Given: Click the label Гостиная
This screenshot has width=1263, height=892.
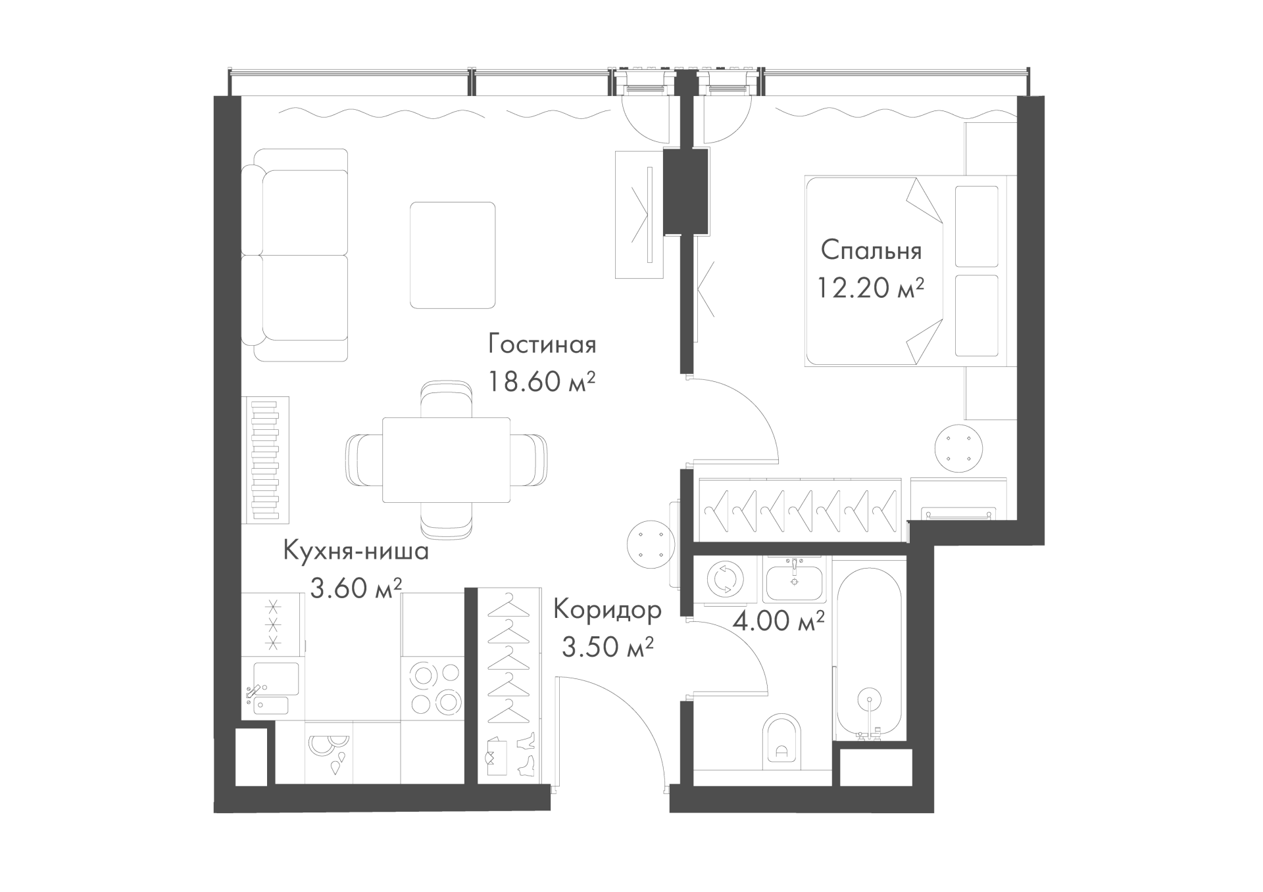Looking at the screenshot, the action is tap(542, 344).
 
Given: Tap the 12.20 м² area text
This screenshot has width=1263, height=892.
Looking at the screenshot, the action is tap(872, 287).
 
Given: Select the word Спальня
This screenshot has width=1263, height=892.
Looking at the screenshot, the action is tap(872, 250).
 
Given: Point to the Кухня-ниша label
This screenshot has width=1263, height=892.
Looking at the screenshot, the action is tap(356, 551).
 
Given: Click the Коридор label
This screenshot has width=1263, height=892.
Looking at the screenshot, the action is tap(607, 611).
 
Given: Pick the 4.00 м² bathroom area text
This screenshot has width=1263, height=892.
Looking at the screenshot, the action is tap(779, 621).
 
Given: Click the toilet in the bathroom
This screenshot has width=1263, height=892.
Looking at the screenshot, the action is tap(781, 741).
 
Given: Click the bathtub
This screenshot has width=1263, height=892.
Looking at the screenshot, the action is tap(870, 654).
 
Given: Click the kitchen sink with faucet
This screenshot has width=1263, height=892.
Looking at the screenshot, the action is tap(272, 688).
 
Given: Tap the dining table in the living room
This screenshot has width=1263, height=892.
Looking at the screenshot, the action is tap(447, 460).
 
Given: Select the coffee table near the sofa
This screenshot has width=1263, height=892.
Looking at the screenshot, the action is tap(453, 255).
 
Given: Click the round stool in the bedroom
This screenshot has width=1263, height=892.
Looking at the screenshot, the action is tap(959, 448).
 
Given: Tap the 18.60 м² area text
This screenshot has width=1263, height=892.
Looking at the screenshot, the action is tap(542, 381).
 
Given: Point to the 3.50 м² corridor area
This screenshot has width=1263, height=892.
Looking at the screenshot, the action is tap(607, 647).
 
